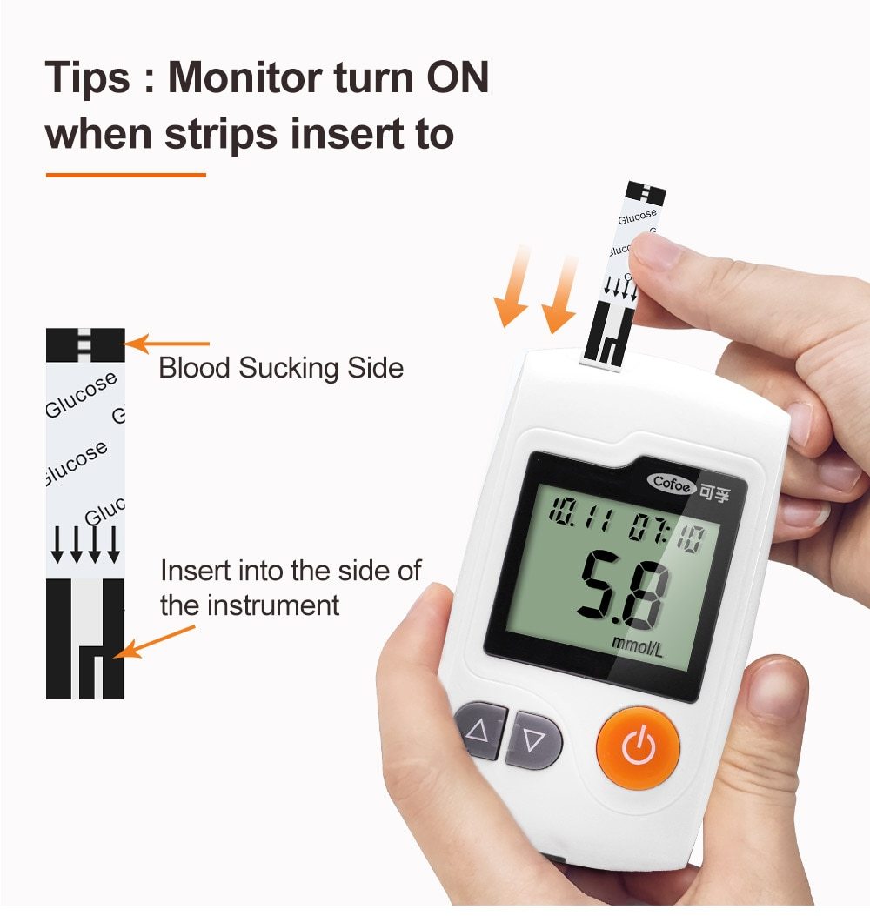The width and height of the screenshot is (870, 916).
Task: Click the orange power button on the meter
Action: pyautogui.click(x=638, y=747)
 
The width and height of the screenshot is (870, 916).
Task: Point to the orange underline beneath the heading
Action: pyautogui.click(x=125, y=175)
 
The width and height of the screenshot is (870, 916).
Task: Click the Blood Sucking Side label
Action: pyautogui.click(x=280, y=368)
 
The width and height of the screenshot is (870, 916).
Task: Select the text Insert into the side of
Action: pyautogui.click(x=291, y=572)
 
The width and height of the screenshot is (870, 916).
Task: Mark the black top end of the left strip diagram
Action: pyautogui.click(x=85, y=344)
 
